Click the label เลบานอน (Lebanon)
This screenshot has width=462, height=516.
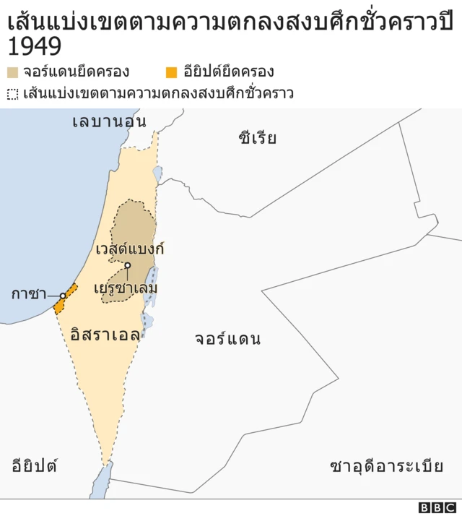tap(109, 121)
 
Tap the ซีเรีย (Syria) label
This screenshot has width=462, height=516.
tap(257, 138)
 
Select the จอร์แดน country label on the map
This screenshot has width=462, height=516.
tap(227, 339)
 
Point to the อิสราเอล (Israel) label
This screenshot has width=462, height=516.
tap(105, 335)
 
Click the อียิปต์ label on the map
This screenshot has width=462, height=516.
tap(34, 465)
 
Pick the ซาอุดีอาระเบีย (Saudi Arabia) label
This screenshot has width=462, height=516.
tap(386, 465)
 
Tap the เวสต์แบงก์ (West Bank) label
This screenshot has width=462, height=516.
tap(130, 249)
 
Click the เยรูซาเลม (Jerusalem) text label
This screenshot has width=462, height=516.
tap(126, 288)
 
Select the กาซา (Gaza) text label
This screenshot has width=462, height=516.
tap(28, 294)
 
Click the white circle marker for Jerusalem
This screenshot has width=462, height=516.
tap(127, 265)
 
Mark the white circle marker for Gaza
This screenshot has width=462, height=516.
tap(63, 295)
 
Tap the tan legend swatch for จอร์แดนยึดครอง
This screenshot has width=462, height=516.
tap(13, 72)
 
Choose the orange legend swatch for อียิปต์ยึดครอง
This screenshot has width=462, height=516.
tap(170, 72)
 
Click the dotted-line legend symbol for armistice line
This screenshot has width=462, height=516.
tap(13, 94)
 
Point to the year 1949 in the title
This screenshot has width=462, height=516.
tap(34, 47)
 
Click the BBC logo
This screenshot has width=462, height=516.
tap(437, 507)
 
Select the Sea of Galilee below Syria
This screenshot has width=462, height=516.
tap(157, 174)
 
